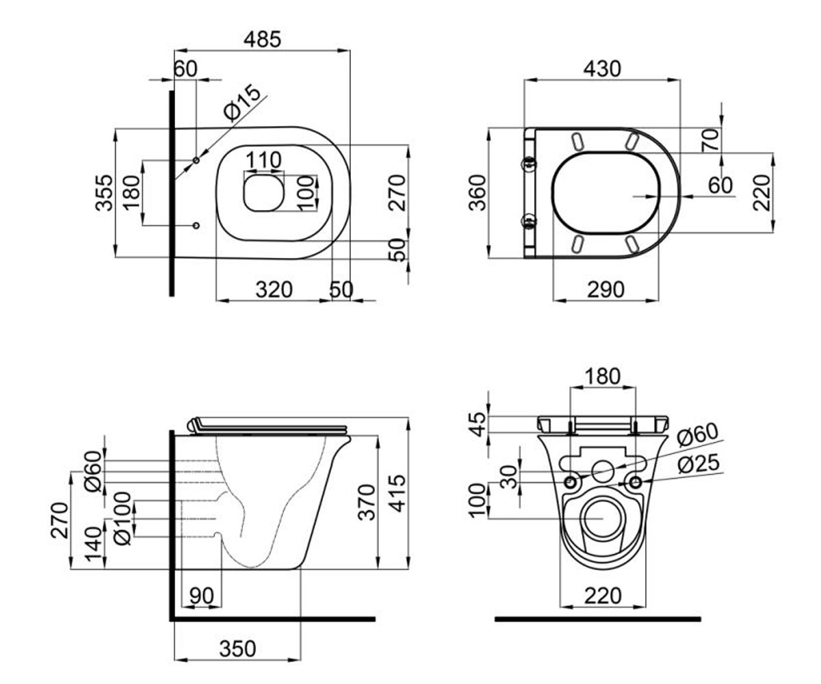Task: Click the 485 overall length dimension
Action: [x=262, y=40]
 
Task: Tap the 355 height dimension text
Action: [x=105, y=193]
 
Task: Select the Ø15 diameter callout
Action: [x=242, y=102]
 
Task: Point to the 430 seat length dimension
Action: [x=602, y=69]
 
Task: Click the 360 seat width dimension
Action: [x=478, y=193]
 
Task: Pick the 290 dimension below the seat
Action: [x=605, y=290]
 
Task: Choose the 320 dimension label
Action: [x=274, y=290]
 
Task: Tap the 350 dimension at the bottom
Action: [x=237, y=648]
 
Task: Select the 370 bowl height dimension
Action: [x=367, y=502]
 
